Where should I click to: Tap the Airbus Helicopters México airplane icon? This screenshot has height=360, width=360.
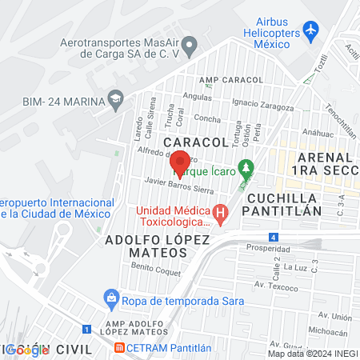click(310, 31)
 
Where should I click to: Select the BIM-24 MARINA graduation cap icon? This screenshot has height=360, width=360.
click(116, 99)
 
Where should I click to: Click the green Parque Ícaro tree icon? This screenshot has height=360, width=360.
click(247, 170)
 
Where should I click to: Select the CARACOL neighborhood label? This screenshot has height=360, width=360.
click(196, 142)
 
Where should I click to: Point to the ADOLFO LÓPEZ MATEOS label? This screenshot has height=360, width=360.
click(146, 246)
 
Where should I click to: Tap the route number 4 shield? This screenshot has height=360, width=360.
click(274, 237)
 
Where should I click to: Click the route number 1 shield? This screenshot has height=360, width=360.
click(86, 328)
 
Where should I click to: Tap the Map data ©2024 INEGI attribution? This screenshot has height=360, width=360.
click(313, 354)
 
